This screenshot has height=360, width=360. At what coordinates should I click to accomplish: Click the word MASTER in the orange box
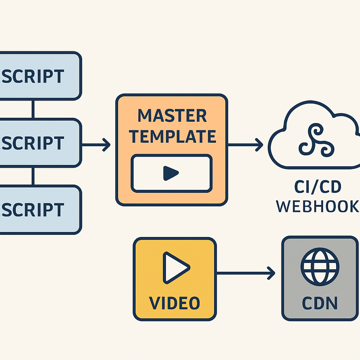click(172, 116)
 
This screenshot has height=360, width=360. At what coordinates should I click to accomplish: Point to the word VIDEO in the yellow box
click(174, 303)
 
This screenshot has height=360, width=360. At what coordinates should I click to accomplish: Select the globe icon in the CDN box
click(320, 268)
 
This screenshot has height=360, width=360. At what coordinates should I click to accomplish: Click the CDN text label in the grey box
click(320, 303)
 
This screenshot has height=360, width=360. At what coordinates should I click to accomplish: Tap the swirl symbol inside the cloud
click(315, 140)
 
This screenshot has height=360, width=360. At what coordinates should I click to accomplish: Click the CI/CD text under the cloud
click(318, 187)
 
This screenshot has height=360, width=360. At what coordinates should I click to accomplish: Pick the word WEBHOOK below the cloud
click(318, 207)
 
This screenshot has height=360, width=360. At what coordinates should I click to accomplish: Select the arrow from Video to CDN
click(246, 273)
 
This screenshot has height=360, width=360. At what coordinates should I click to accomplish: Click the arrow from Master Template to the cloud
click(245, 144)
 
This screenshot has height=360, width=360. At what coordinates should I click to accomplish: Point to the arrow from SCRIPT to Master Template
click(96, 144)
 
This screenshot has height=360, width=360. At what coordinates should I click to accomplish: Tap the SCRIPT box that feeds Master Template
click(39, 142)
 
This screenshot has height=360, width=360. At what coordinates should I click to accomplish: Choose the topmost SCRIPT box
click(39, 76)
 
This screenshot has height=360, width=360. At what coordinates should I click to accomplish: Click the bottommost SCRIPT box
click(39, 210)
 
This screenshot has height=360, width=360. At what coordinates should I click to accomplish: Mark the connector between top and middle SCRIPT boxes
click(33, 109)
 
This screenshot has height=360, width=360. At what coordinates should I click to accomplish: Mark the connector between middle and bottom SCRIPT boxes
click(33, 176)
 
